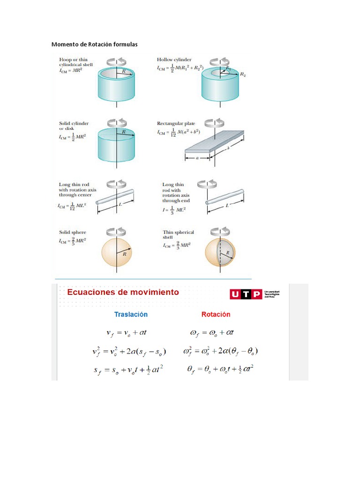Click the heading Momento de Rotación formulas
pos(94,45)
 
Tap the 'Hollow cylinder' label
pos(174,60)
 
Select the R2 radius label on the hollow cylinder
pos(243,74)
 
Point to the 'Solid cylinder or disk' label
pos(74,126)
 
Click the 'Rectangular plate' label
pos(176,124)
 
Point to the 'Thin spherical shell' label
pos(178,235)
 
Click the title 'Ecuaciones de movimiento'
pos(123,292)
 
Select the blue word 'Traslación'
pos(131,314)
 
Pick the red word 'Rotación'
pos(216,314)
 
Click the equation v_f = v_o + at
pos(127,333)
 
